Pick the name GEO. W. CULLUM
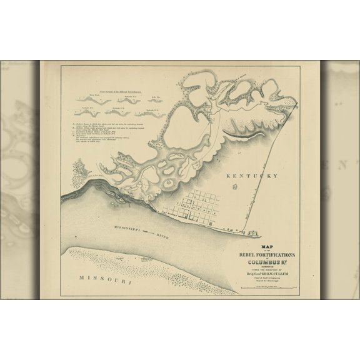pos(281,276)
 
